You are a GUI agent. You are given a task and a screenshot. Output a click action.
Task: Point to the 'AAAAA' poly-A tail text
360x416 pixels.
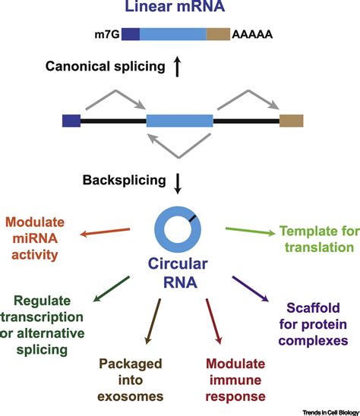(x=253, y=35)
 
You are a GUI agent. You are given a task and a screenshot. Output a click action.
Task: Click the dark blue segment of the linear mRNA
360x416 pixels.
(x=131, y=34)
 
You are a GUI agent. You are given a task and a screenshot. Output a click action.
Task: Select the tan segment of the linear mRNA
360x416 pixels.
(x=218, y=34)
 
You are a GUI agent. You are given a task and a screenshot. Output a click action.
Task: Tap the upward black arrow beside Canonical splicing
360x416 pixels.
(x=177, y=68)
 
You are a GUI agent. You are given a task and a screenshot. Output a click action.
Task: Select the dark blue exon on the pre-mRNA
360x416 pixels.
(x=71, y=120)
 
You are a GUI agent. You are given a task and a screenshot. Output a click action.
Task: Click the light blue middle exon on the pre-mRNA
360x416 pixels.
(x=179, y=120)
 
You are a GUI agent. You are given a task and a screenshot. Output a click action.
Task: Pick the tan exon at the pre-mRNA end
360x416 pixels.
(x=291, y=120)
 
